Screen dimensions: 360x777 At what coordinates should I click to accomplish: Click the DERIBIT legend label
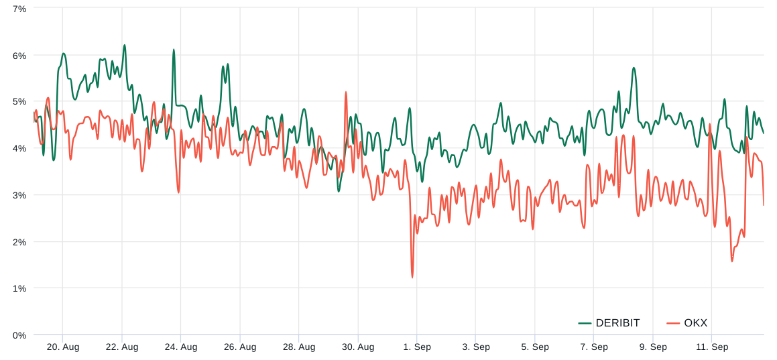point(617,323)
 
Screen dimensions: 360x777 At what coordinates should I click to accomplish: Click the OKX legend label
point(695,323)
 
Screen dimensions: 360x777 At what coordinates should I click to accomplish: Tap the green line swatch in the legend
point(585,323)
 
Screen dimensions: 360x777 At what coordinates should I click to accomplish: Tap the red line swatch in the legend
point(673,323)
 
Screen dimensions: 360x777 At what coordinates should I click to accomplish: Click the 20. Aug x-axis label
point(63,347)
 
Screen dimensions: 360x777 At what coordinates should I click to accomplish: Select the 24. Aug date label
point(181,347)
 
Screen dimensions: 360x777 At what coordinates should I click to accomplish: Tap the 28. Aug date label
point(299,347)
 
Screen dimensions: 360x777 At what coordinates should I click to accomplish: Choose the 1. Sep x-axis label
point(417,347)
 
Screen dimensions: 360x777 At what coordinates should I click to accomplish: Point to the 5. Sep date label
point(535,347)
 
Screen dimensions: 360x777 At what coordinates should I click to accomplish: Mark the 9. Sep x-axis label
point(653,347)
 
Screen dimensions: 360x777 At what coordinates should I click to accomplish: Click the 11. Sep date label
point(712,347)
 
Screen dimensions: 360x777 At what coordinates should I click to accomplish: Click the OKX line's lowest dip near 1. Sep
point(412,277)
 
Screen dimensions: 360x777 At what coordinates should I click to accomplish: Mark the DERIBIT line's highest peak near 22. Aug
point(125,46)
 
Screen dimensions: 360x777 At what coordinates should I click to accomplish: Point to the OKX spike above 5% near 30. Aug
point(346,93)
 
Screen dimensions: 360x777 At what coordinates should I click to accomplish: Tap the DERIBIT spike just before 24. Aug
point(174,50)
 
